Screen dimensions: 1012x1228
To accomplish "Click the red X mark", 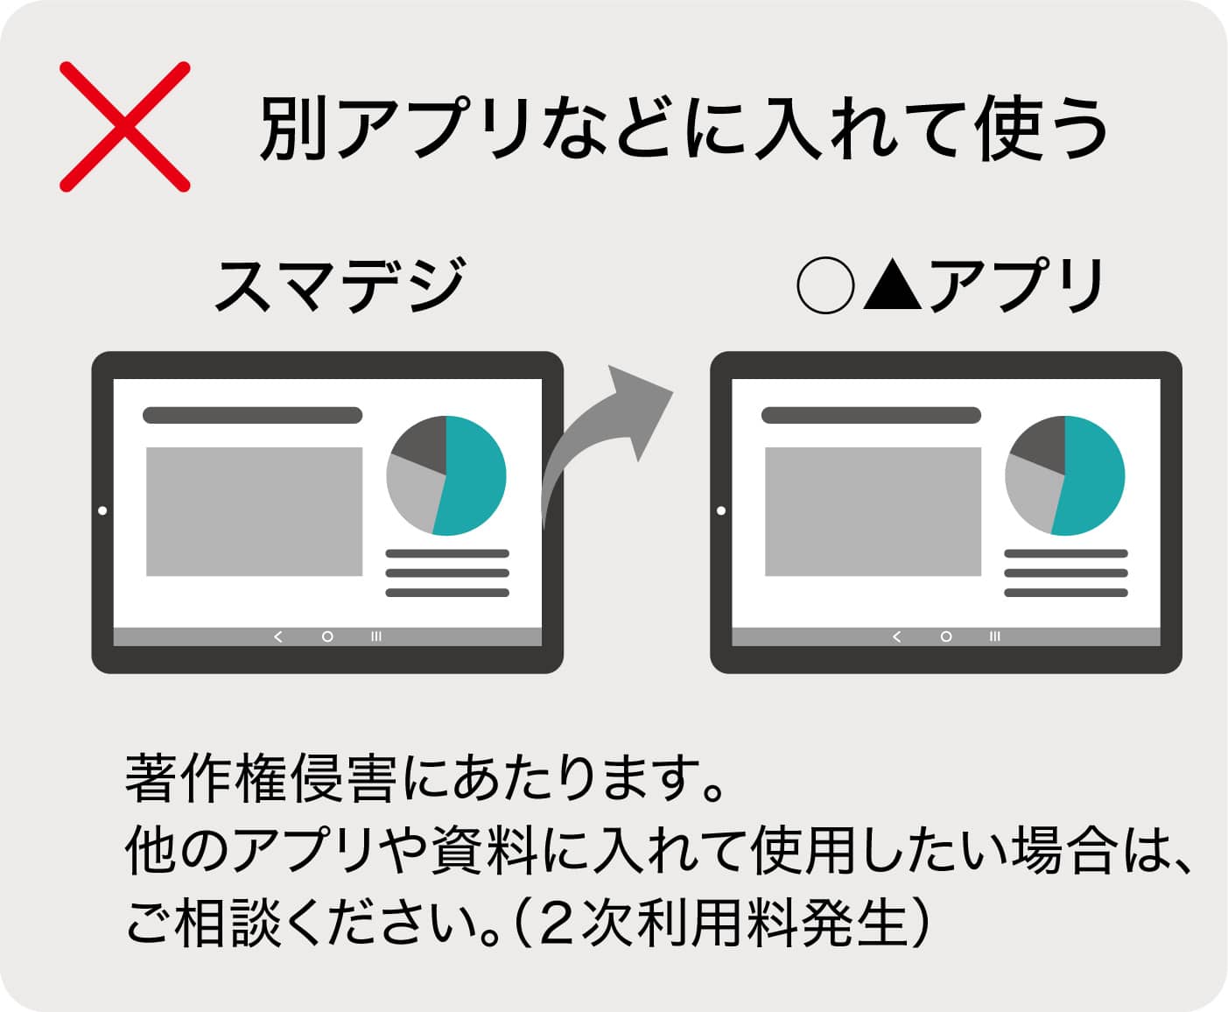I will coord(124,126).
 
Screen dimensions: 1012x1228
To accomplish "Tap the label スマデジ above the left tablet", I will coord(340,285).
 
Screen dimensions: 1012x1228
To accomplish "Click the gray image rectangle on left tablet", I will coord(254,511).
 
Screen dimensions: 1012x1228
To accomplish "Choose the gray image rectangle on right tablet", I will coord(873,511).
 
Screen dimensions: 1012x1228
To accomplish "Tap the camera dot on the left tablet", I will coord(102,510).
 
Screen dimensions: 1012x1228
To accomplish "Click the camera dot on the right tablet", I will coord(721,510).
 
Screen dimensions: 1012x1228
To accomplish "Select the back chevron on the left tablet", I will coord(278,636).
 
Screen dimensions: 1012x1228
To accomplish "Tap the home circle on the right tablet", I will coord(945,636).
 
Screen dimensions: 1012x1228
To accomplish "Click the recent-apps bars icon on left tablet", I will coord(376,636).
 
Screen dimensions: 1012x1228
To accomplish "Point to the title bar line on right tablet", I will coord(871,415).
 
